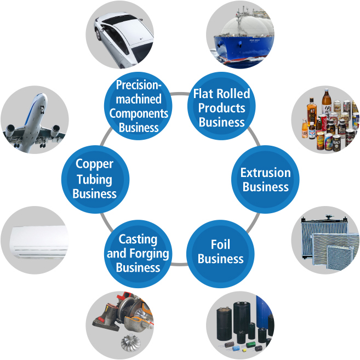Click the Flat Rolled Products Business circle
point(221,106)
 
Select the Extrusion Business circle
point(265,179)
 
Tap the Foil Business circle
point(220,254)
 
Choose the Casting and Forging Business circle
point(138,254)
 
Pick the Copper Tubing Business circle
point(95,179)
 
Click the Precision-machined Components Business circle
point(138,106)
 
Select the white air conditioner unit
point(39,242)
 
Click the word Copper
point(94,164)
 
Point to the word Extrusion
point(265,173)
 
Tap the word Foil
point(220,244)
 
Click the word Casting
point(138,239)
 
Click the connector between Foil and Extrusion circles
point(253,222)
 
